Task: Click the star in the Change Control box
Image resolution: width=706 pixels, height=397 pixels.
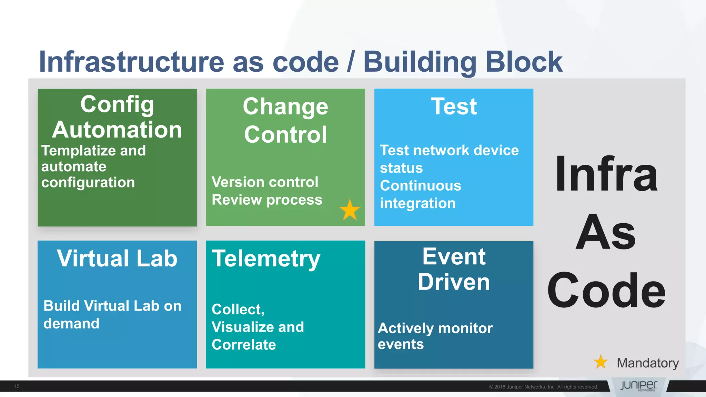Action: click(x=350, y=210)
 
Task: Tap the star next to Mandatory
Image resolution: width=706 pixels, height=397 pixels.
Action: click(x=601, y=362)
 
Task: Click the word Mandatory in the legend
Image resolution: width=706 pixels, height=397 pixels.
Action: click(x=647, y=363)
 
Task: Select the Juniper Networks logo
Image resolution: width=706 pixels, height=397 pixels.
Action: click(x=638, y=386)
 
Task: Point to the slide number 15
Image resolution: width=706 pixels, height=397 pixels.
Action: click(x=17, y=386)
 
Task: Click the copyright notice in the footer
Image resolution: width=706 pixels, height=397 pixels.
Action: click(x=543, y=387)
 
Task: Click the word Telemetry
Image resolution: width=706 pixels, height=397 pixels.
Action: click(x=266, y=259)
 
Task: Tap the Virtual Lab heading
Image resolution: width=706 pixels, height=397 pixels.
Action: click(x=117, y=258)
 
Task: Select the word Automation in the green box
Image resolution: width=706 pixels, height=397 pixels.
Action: click(x=117, y=130)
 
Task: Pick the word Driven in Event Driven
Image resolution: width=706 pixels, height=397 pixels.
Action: click(x=454, y=282)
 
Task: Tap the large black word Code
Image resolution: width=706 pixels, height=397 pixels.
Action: click(x=606, y=290)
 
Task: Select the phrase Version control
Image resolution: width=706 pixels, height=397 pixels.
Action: click(x=265, y=182)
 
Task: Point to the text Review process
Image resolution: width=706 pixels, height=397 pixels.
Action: click(x=267, y=200)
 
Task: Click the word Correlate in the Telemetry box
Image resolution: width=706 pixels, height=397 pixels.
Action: click(x=244, y=345)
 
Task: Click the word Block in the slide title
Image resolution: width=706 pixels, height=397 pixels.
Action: click(x=524, y=62)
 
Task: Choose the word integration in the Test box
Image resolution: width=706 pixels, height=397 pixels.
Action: click(x=417, y=203)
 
